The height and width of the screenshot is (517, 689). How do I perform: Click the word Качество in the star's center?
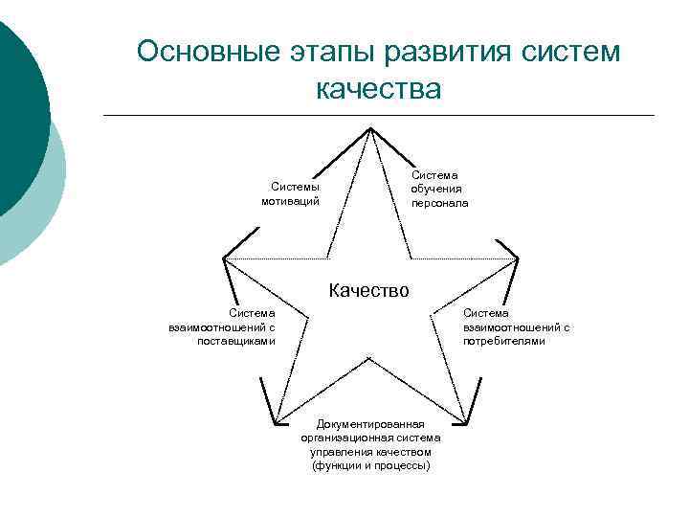368,289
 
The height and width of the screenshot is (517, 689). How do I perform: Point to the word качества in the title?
378,89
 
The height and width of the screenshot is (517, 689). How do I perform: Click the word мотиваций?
290,201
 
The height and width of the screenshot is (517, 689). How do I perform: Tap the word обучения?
436,189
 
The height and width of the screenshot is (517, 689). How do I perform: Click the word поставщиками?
235,340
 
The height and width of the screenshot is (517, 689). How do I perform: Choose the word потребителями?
504,340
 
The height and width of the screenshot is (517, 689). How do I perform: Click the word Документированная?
370,423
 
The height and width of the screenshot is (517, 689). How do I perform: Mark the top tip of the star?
370,128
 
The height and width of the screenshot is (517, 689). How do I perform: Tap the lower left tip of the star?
276,422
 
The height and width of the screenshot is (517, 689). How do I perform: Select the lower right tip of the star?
464,422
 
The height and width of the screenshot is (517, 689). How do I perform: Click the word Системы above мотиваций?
295,188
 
